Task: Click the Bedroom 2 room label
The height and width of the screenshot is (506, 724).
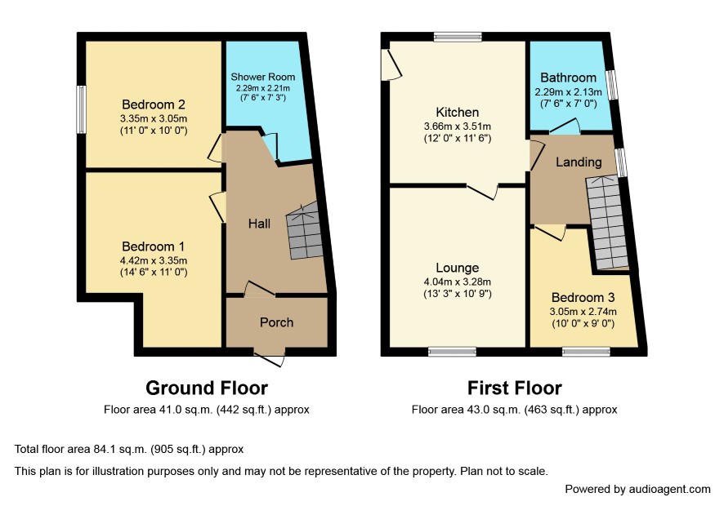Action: [x=154, y=104]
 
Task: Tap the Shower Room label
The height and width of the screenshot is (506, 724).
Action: [x=263, y=77]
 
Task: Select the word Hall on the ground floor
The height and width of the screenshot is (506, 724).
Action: [x=259, y=224]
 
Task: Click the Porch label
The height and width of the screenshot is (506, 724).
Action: [x=276, y=322]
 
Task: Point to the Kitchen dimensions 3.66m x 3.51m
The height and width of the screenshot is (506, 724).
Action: [x=457, y=126]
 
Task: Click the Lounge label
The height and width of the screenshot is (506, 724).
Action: [x=457, y=268]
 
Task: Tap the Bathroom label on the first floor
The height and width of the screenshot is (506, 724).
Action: [x=568, y=78]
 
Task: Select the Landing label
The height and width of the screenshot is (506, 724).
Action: [x=579, y=162]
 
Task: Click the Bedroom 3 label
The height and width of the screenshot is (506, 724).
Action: [x=583, y=298]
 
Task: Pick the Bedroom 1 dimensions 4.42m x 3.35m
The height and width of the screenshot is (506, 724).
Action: [x=154, y=260]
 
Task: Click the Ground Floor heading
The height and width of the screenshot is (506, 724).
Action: [x=207, y=388]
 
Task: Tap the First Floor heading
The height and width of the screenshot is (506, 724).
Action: [x=514, y=388]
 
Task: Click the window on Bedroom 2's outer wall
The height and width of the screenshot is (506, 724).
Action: [x=81, y=109]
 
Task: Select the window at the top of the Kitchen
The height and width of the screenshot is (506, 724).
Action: [x=458, y=37]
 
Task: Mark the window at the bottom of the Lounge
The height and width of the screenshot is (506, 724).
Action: [x=452, y=352]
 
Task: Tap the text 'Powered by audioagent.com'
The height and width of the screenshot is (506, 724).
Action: [x=637, y=490]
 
